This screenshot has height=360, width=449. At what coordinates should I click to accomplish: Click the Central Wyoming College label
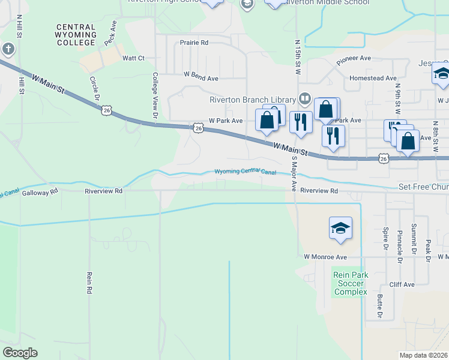click(76, 35)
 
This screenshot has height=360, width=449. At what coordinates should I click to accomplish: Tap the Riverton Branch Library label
click(253, 100)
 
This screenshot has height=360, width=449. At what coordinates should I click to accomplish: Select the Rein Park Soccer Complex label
click(351, 283)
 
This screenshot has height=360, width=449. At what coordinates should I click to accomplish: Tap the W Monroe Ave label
click(325, 257)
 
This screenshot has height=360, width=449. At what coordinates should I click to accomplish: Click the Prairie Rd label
click(194, 43)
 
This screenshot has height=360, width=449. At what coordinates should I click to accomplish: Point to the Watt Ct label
click(134, 58)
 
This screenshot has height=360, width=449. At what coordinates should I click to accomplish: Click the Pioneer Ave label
click(354, 59)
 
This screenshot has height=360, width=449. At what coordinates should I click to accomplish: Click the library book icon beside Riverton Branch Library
click(304, 98)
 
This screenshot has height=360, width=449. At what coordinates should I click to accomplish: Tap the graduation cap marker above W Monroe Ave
click(340, 229)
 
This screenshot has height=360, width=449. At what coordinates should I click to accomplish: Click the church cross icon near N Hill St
click(7, 48)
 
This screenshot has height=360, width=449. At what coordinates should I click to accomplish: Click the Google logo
click(20, 353)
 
